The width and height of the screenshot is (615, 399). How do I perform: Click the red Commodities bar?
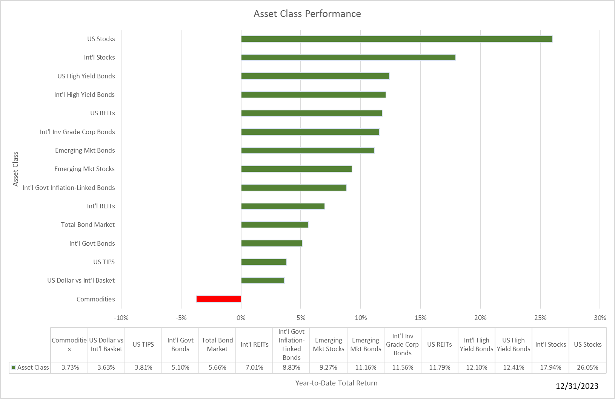coord(218,299)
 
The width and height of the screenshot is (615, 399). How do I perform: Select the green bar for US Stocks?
coord(397,39)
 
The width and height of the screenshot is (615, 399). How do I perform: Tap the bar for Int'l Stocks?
coord(348,58)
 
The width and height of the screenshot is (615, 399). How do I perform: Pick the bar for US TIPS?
coord(264,262)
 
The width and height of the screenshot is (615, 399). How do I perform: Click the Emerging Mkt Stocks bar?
coord(296,169)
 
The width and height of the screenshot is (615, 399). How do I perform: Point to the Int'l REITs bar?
coord(283,206)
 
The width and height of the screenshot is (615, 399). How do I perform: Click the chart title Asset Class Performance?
coord(307,14)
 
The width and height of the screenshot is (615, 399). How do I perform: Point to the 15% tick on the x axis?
coord(420,318)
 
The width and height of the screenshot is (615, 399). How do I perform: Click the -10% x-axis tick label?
coord(121,318)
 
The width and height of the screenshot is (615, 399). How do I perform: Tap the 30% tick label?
coord(600,318)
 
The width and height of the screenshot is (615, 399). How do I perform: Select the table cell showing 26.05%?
coord(587,367)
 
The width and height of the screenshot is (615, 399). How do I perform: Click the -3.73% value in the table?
coord(69,367)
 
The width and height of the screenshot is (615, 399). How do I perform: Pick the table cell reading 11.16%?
coord(366,367)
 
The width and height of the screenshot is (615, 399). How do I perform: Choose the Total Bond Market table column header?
coord(217,345)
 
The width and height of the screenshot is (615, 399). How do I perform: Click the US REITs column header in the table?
coord(440,344)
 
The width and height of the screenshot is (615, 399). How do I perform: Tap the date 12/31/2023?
coord(577,386)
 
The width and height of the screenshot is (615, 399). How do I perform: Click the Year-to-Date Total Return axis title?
coord(336,383)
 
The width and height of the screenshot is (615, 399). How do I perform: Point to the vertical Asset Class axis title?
coord(15,169)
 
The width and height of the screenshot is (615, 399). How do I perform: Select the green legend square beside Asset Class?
coord(14,367)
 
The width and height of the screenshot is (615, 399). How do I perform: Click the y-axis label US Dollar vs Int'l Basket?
coord(81,280)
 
